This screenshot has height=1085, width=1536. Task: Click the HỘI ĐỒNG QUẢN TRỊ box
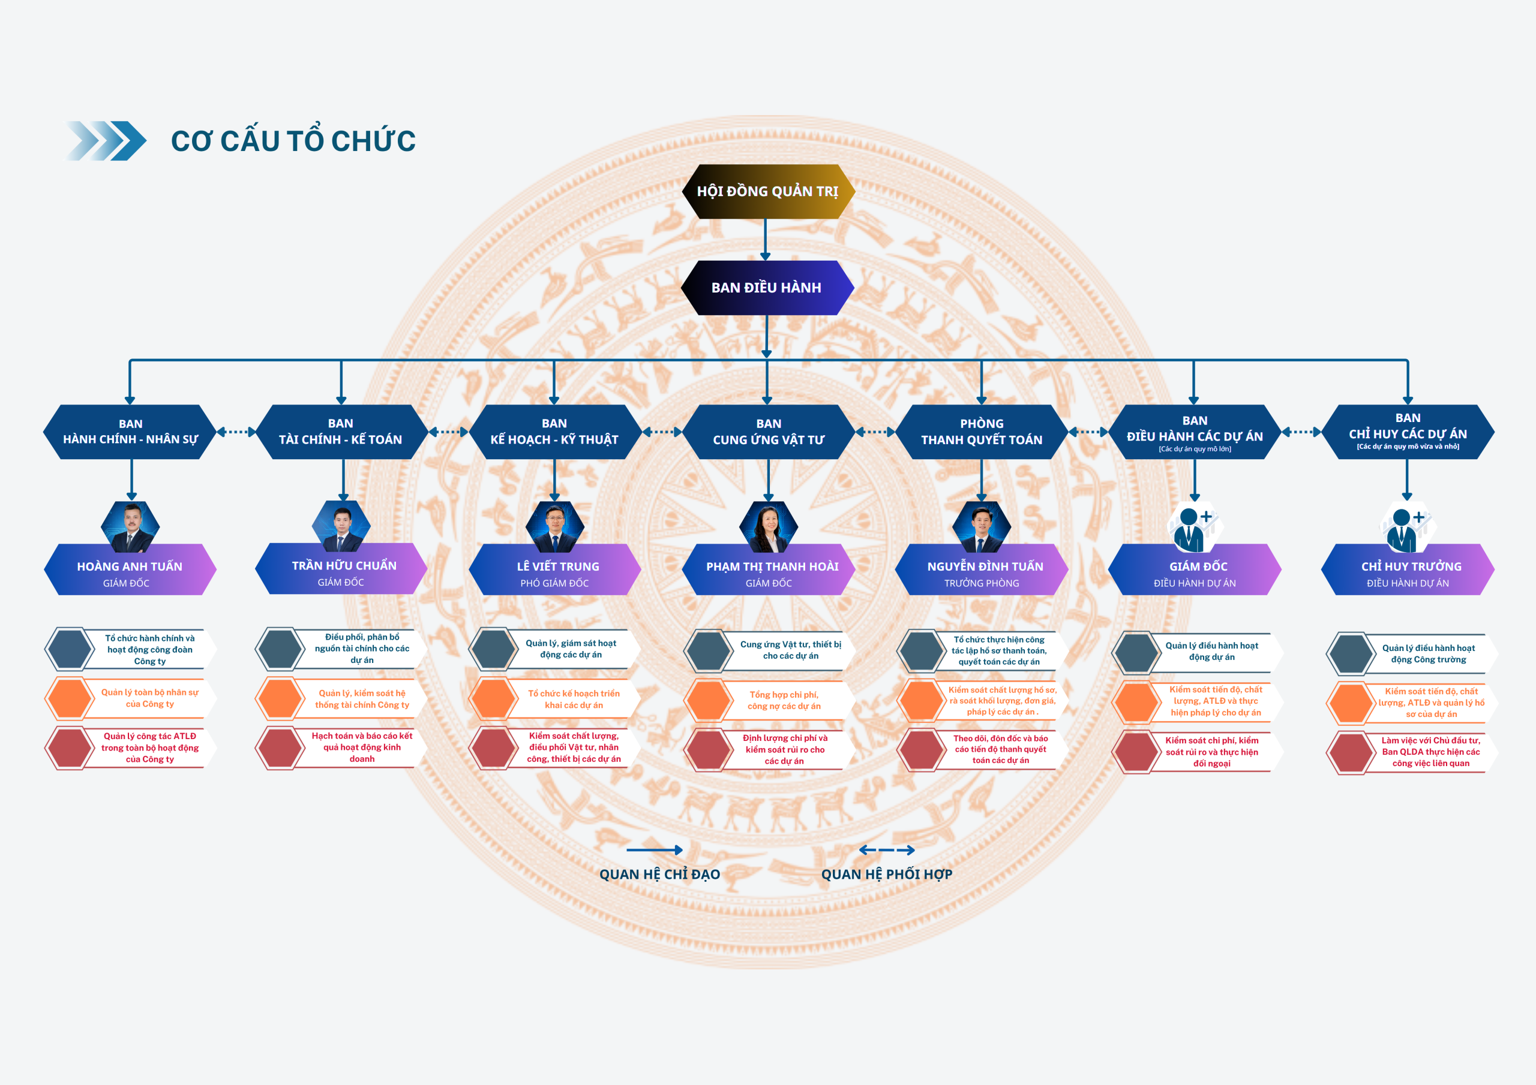pyautogui.click(x=768, y=191)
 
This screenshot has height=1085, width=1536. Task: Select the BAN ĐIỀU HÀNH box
pyautogui.click(x=767, y=288)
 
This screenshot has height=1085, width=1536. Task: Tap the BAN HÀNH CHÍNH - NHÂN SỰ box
pyautogui.click(x=130, y=432)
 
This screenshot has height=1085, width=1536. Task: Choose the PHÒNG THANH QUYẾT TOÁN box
pyautogui.click(x=982, y=432)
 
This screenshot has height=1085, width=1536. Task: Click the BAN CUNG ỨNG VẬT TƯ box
pyautogui.click(x=768, y=432)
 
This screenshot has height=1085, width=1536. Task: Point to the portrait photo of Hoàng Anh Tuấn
pyautogui.click(x=130, y=527)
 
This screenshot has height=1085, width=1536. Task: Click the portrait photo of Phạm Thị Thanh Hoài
pyautogui.click(x=769, y=527)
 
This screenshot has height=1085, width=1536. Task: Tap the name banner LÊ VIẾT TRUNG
pyautogui.click(x=554, y=569)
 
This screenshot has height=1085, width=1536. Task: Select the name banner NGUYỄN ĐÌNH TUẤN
pyautogui.click(x=982, y=569)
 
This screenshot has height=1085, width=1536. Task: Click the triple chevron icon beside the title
pyautogui.click(x=106, y=140)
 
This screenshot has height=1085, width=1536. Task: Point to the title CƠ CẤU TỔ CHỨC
pyautogui.click(x=293, y=140)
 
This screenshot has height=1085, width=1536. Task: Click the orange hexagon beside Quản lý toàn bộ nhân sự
pyautogui.click(x=69, y=698)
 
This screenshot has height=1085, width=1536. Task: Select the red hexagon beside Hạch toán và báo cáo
pyautogui.click(x=280, y=748)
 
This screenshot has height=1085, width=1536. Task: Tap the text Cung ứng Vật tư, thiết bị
pyautogui.click(x=791, y=644)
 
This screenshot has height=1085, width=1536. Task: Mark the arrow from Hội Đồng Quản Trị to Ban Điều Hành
pyautogui.click(x=766, y=239)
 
